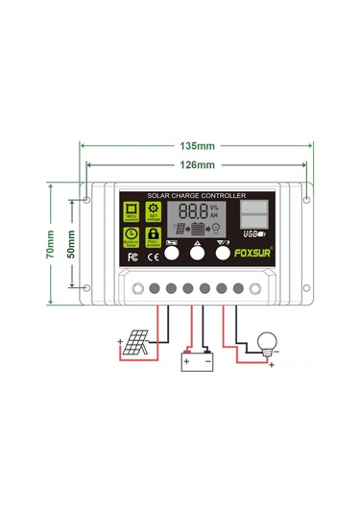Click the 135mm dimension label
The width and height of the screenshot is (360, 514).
pos(197,147)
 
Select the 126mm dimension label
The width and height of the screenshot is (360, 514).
pos(197,164)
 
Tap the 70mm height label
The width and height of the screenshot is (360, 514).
pos(50,245)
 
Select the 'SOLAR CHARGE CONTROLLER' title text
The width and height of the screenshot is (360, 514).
pos(197,196)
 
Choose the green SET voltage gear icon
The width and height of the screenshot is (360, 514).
pos(153,212)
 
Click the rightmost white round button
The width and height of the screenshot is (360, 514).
pos(223,256)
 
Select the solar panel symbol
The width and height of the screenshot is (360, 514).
pos(134,342)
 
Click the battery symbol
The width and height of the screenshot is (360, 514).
pos(198,361)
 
